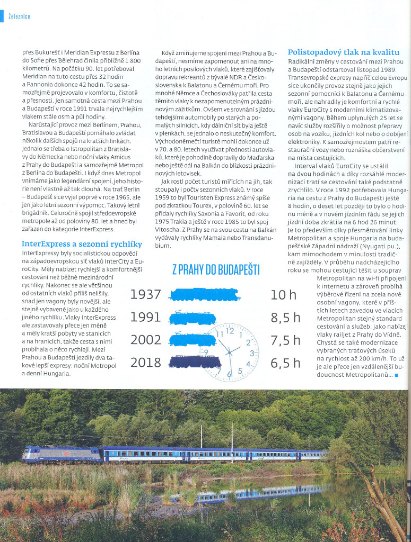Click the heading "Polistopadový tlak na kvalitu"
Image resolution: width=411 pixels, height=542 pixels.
coord(343,52)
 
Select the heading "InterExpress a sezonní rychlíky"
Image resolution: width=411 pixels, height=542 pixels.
coord(82,243)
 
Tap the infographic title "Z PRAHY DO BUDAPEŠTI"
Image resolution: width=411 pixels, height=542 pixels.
coord(216,270)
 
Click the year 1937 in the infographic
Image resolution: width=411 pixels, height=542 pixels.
coord(145,294)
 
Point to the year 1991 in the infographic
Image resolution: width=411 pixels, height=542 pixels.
coord(145,317)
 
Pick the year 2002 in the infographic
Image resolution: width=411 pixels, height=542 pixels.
coord(145,340)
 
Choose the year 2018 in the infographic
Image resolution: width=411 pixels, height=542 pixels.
coord(145,363)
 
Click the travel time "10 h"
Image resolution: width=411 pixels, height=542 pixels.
coord(283,295)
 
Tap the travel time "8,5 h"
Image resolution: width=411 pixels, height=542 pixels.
coord(285,318)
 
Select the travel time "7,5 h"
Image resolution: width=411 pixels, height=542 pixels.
coord(285,340)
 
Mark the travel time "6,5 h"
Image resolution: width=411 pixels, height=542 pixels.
coord(285,363)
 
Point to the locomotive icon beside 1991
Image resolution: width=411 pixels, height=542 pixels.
coord(192,318)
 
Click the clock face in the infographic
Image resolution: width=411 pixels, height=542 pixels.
coord(230,352)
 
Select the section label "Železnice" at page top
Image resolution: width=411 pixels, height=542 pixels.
coord(19,16)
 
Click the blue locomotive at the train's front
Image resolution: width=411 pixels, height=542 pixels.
coord(61,454)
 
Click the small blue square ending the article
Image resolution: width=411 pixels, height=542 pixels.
coord(397,375)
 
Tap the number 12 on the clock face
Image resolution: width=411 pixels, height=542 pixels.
coord(230,331)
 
